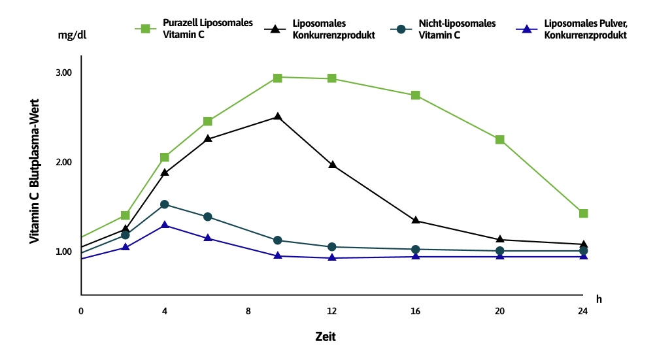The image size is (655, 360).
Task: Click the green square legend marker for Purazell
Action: coord(144,29)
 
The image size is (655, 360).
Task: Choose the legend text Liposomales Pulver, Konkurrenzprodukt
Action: coord(585,29)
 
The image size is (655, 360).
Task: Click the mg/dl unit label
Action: coord(72,35)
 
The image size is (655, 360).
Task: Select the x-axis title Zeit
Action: coord(325,337)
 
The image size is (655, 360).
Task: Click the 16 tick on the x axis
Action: coord(416,311)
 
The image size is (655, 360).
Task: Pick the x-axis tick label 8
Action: coord(248,311)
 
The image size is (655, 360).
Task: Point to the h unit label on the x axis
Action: coord(599,299)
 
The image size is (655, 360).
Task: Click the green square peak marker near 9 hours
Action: coord(278,78)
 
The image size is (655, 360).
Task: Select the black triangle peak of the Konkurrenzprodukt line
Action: coord(278,117)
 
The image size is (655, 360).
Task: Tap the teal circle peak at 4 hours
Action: coord(165,205)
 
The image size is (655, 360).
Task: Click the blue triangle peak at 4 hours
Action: coord(165,225)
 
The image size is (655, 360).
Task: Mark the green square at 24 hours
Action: coord(583,214)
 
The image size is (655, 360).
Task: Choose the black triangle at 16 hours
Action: coord(416,220)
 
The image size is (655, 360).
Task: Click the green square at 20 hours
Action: coord(499,140)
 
